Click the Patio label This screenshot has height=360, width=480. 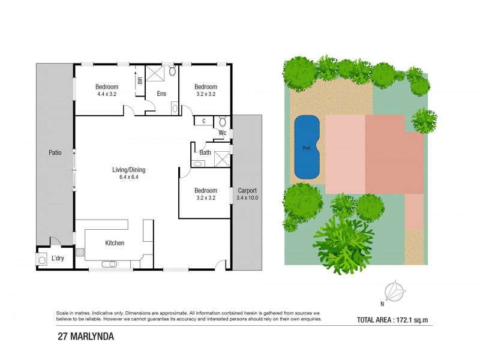55,153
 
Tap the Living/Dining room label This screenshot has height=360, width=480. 129,170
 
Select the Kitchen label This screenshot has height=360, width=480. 115,243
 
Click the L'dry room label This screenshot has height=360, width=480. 58,258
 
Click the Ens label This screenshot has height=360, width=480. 161,94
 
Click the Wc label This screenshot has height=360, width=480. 222,133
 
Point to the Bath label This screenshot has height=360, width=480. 205,152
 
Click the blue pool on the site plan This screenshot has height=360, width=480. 307,147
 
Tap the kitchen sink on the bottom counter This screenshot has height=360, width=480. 110,263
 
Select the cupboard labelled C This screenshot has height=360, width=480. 203,121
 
